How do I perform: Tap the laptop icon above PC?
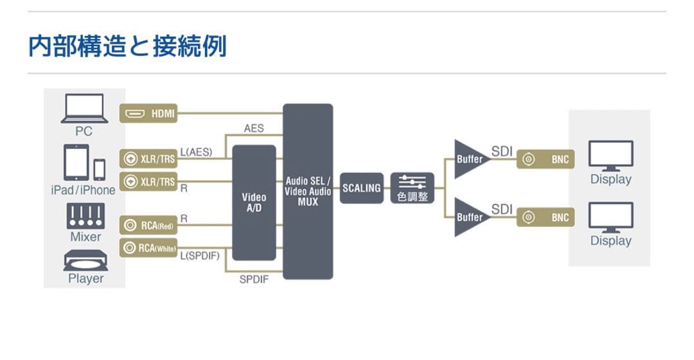pos(84,109)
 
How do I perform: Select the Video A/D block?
pos(254,203)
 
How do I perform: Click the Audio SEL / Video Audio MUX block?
pos(308,192)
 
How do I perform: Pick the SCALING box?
pos(362,188)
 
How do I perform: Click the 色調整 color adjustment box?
pos(412,188)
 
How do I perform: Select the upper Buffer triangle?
pos(469,159)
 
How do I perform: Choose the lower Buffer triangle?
pos(469,217)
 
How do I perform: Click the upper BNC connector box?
pos(546,159)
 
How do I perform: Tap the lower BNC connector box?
pos(546,217)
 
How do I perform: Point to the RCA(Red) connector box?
pos(148,225)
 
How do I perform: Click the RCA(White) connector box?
pos(148,248)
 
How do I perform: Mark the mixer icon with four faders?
pos(85,216)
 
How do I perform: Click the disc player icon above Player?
pos(85,260)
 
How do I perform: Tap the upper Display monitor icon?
pos(610,156)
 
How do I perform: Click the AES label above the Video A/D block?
pos(254,129)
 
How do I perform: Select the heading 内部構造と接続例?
pos(127,46)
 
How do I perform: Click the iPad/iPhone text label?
pos(83,190)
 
